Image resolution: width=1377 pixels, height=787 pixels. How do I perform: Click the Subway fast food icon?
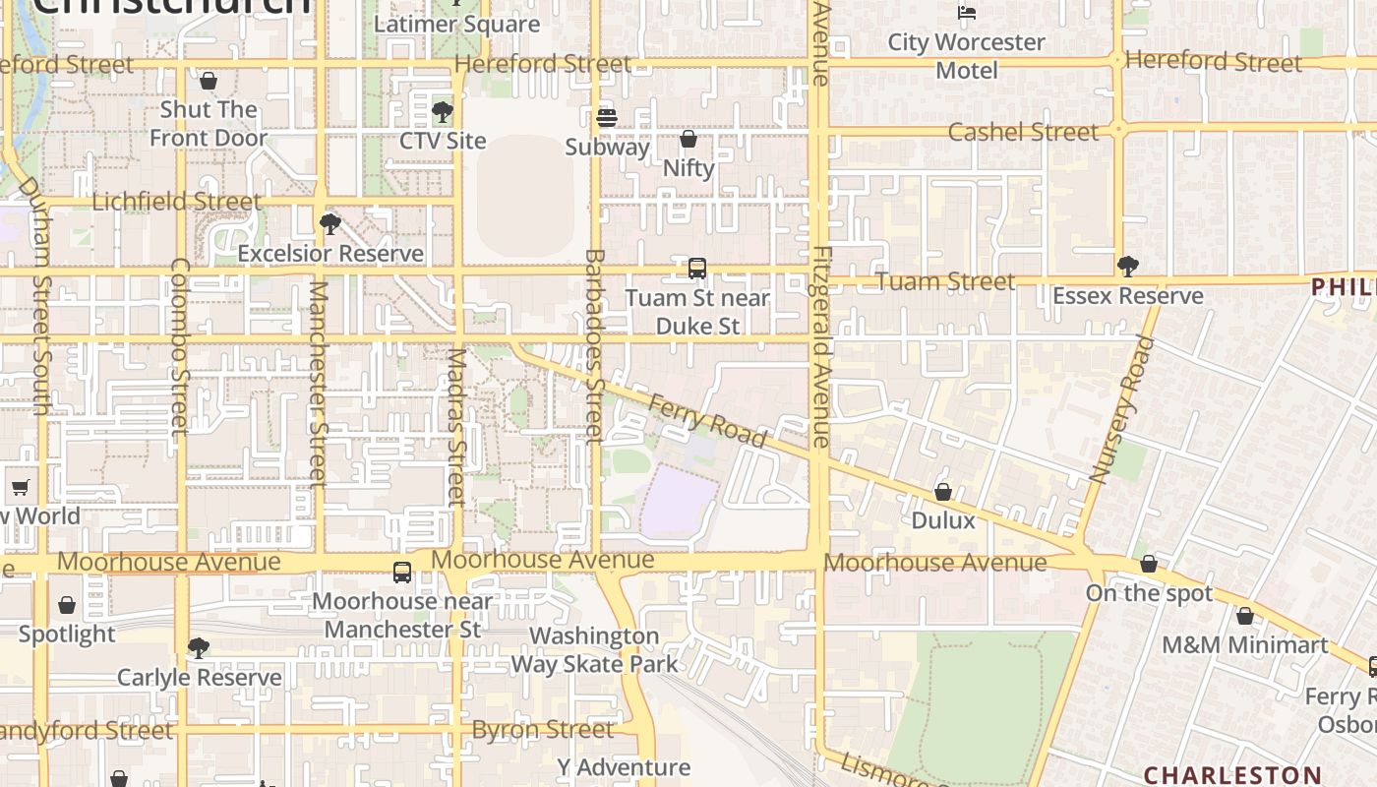click(x=607, y=118)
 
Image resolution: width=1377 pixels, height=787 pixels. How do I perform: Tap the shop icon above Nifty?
click(x=688, y=139)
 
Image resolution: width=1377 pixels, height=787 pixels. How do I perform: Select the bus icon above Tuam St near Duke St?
click(x=697, y=268)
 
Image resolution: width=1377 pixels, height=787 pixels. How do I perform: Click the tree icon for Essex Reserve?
click(x=1128, y=266)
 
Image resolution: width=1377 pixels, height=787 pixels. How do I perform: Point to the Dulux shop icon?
click(x=943, y=491)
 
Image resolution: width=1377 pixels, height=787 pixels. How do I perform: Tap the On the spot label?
click(x=1149, y=593)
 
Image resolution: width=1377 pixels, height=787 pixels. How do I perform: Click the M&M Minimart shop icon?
click(x=1245, y=616)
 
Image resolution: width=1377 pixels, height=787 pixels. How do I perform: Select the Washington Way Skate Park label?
click(x=594, y=650)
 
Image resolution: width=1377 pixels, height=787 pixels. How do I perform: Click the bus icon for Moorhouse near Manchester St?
click(x=402, y=572)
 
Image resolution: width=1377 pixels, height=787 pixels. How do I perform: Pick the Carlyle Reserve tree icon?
click(x=199, y=647)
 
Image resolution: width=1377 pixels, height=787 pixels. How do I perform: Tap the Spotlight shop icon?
click(x=67, y=604)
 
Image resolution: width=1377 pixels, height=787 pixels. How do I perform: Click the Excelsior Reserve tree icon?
click(x=330, y=224)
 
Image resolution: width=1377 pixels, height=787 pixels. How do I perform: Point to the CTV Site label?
click(x=443, y=141)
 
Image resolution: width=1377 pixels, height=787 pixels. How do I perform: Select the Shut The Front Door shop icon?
click(x=208, y=80)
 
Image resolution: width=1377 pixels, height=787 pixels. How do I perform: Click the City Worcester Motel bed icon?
click(x=967, y=12)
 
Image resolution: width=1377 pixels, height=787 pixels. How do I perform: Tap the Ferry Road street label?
click(x=706, y=420)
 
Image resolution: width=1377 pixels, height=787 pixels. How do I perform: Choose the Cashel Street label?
click(x=1023, y=132)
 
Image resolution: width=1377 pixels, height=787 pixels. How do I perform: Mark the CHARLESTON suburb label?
click(x=1231, y=774)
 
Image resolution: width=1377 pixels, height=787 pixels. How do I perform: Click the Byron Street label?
click(x=543, y=730)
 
